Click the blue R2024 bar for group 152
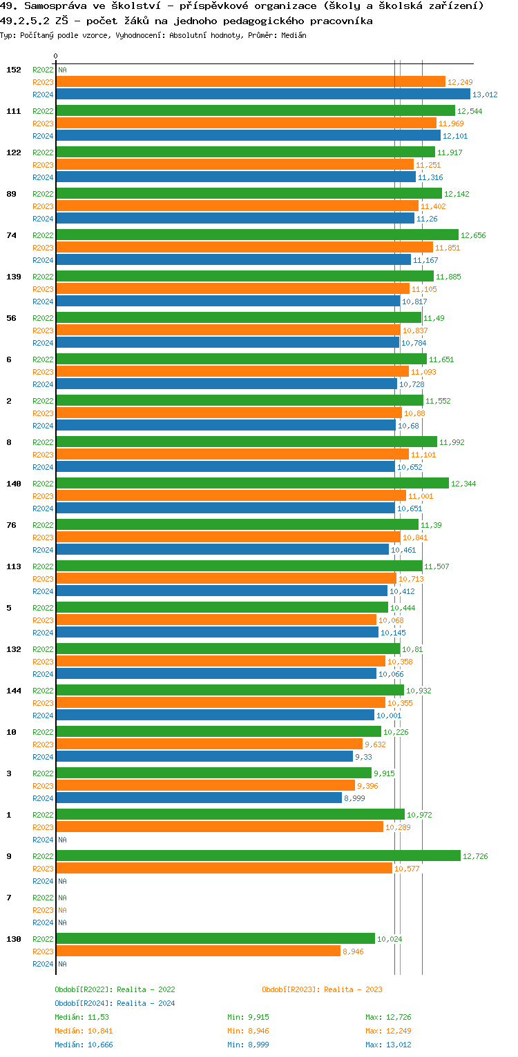point(262,95)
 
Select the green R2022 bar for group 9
point(258,856)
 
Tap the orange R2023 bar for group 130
point(198,951)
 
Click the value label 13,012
point(485,95)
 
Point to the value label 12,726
point(475,856)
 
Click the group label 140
point(14,484)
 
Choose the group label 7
point(9,898)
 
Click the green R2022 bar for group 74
point(257,235)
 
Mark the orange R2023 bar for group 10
point(209,744)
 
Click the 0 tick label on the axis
point(56,56)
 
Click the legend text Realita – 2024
point(146,1003)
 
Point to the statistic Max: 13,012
point(388,1045)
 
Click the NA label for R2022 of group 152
point(62,70)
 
